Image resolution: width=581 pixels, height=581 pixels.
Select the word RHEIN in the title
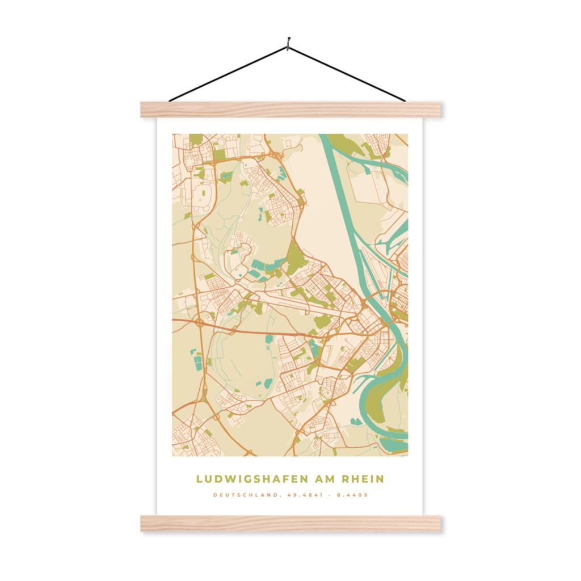(x=363, y=479)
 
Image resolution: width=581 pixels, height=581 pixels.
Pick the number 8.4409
(x=353, y=495)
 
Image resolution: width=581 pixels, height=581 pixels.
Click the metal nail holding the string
(x=288, y=40)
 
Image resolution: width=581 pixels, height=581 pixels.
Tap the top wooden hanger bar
(x=290, y=110)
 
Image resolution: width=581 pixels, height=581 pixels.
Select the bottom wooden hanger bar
(x=290, y=523)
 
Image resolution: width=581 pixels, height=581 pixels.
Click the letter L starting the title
(x=199, y=479)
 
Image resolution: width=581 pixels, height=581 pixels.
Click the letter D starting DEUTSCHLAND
(x=215, y=495)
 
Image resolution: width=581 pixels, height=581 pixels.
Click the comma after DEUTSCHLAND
(x=279, y=496)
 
